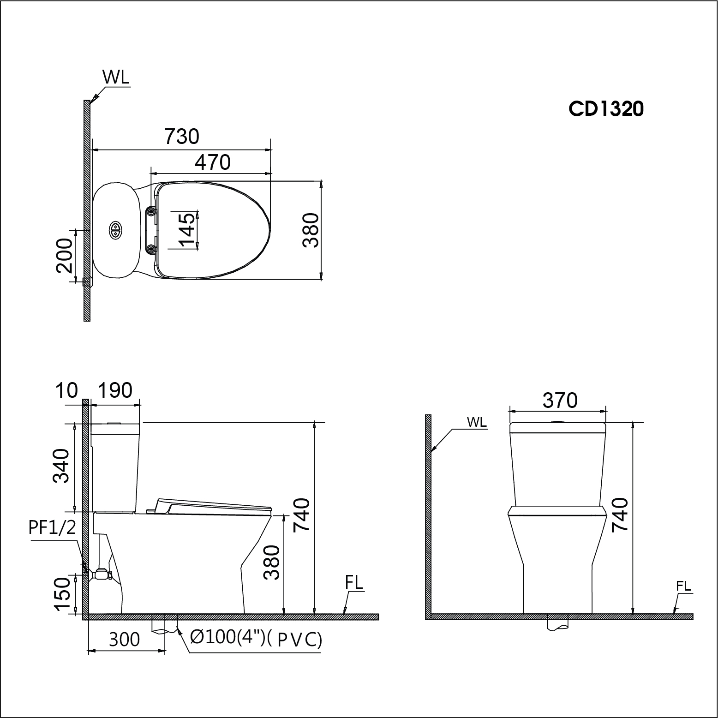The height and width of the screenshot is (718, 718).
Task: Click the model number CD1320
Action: (606, 109)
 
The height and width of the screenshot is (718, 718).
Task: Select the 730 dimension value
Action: (182, 137)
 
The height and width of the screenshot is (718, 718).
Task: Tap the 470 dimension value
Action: (212, 162)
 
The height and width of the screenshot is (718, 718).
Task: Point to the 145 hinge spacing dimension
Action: (187, 230)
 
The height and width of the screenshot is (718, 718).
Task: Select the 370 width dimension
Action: (560, 401)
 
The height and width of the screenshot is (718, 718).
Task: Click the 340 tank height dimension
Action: (61, 466)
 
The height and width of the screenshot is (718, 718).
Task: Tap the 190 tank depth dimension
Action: (114, 391)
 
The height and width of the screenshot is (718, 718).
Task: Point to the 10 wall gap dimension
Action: (66, 391)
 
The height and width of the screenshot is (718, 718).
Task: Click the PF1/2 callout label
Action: (52, 527)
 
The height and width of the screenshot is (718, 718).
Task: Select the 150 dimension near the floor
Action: (62, 595)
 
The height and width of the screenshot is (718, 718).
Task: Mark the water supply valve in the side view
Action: (101, 574)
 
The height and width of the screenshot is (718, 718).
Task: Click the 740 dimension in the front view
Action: (620, 515)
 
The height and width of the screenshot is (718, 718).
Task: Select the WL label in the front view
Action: (477, 422)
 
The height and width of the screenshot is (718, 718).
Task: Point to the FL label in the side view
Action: (354, 583)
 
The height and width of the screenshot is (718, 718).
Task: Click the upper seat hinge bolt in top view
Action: (151, 212)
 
